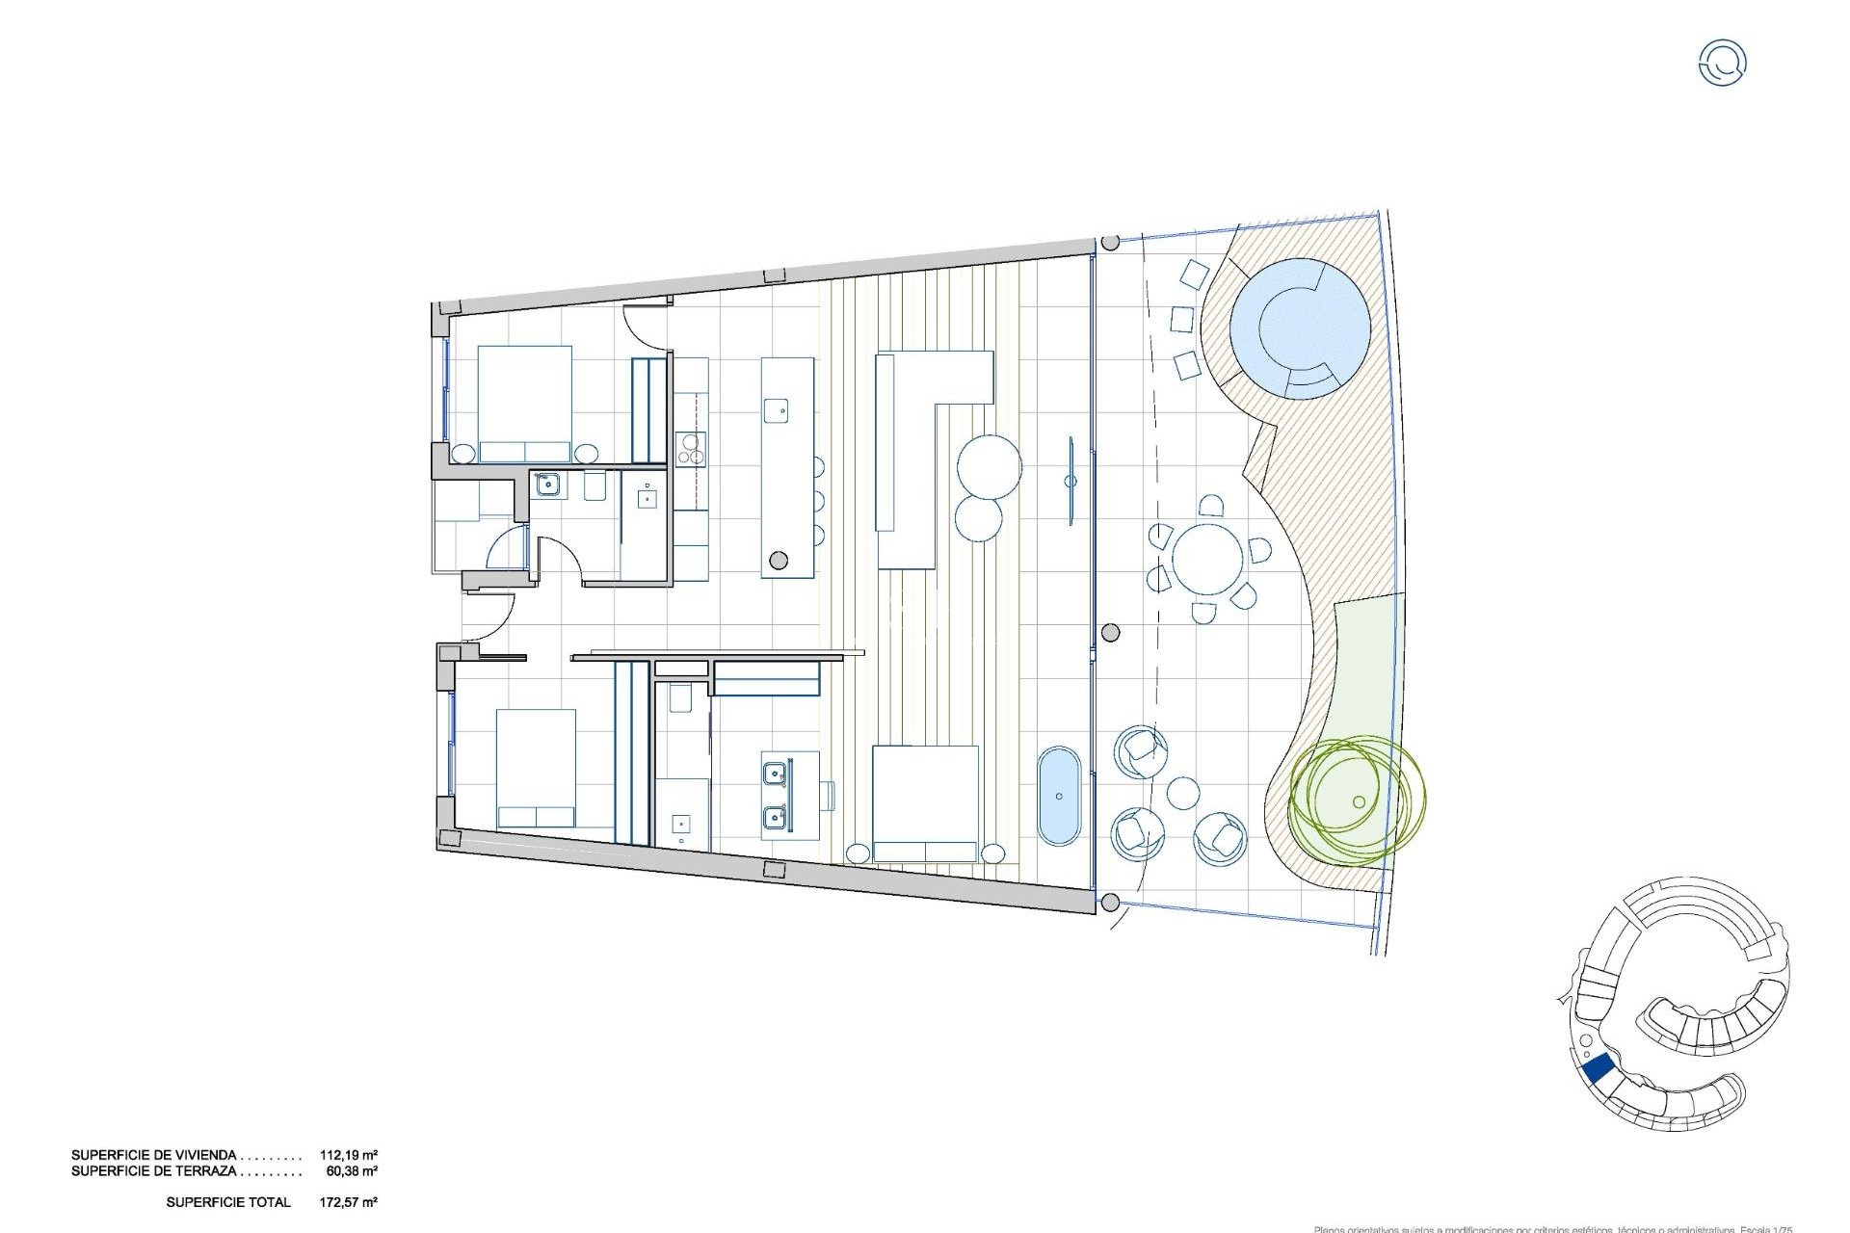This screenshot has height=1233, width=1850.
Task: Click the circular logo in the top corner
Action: pos(1722,63)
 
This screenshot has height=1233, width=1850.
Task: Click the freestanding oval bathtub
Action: pos(1060,796)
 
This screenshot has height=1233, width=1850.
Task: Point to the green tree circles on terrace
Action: pos(1353,799)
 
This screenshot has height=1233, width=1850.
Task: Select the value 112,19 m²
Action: pos(348,1155)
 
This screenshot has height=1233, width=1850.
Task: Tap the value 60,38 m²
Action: pos(352,1171)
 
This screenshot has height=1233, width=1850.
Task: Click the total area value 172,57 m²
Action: pos(348,1202)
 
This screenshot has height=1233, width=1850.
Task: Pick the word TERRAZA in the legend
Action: pos(205,1171)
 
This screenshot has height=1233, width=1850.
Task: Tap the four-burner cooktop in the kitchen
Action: pos(690,448)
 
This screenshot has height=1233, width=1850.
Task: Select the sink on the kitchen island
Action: pos(777,410)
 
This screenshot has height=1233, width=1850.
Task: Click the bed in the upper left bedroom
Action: pos(525,405)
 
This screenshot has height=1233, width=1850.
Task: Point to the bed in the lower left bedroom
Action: pos(537,769)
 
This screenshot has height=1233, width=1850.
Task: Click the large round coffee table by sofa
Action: pos(989,467)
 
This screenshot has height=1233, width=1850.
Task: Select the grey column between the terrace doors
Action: pos(1110,633)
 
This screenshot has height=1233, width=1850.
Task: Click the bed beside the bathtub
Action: pos(925,803)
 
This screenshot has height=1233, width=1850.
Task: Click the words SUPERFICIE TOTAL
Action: pos(228,1202)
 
